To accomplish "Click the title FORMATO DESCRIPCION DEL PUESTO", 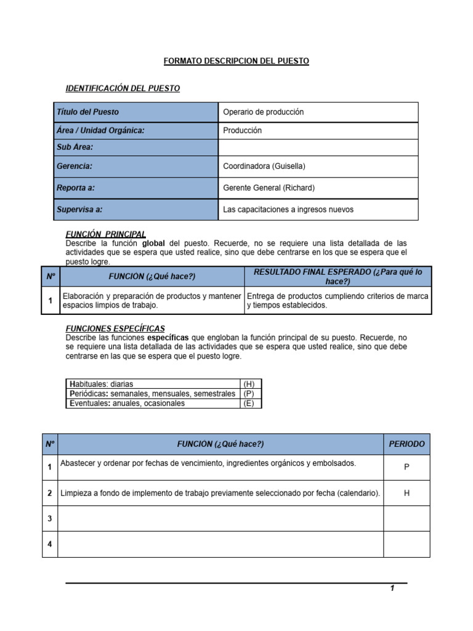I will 236,61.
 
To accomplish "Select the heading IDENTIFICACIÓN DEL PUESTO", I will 123,88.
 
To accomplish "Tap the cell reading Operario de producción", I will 264,112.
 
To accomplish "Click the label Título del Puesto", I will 88,112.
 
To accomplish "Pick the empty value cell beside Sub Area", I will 318,147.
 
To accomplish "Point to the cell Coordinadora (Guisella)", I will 264,166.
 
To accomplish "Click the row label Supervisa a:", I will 79,210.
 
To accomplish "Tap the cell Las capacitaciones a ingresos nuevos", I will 288,210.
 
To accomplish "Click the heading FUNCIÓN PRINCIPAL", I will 105,234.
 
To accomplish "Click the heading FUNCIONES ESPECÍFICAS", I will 115,328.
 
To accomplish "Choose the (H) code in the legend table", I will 249,384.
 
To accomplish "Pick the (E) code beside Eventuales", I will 249,404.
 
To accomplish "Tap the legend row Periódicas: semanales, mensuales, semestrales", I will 152,394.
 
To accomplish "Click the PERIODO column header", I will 406,444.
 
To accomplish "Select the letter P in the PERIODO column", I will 406,468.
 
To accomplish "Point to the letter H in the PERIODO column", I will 406,494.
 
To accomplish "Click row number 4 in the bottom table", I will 49,545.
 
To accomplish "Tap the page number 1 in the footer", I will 392,589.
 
